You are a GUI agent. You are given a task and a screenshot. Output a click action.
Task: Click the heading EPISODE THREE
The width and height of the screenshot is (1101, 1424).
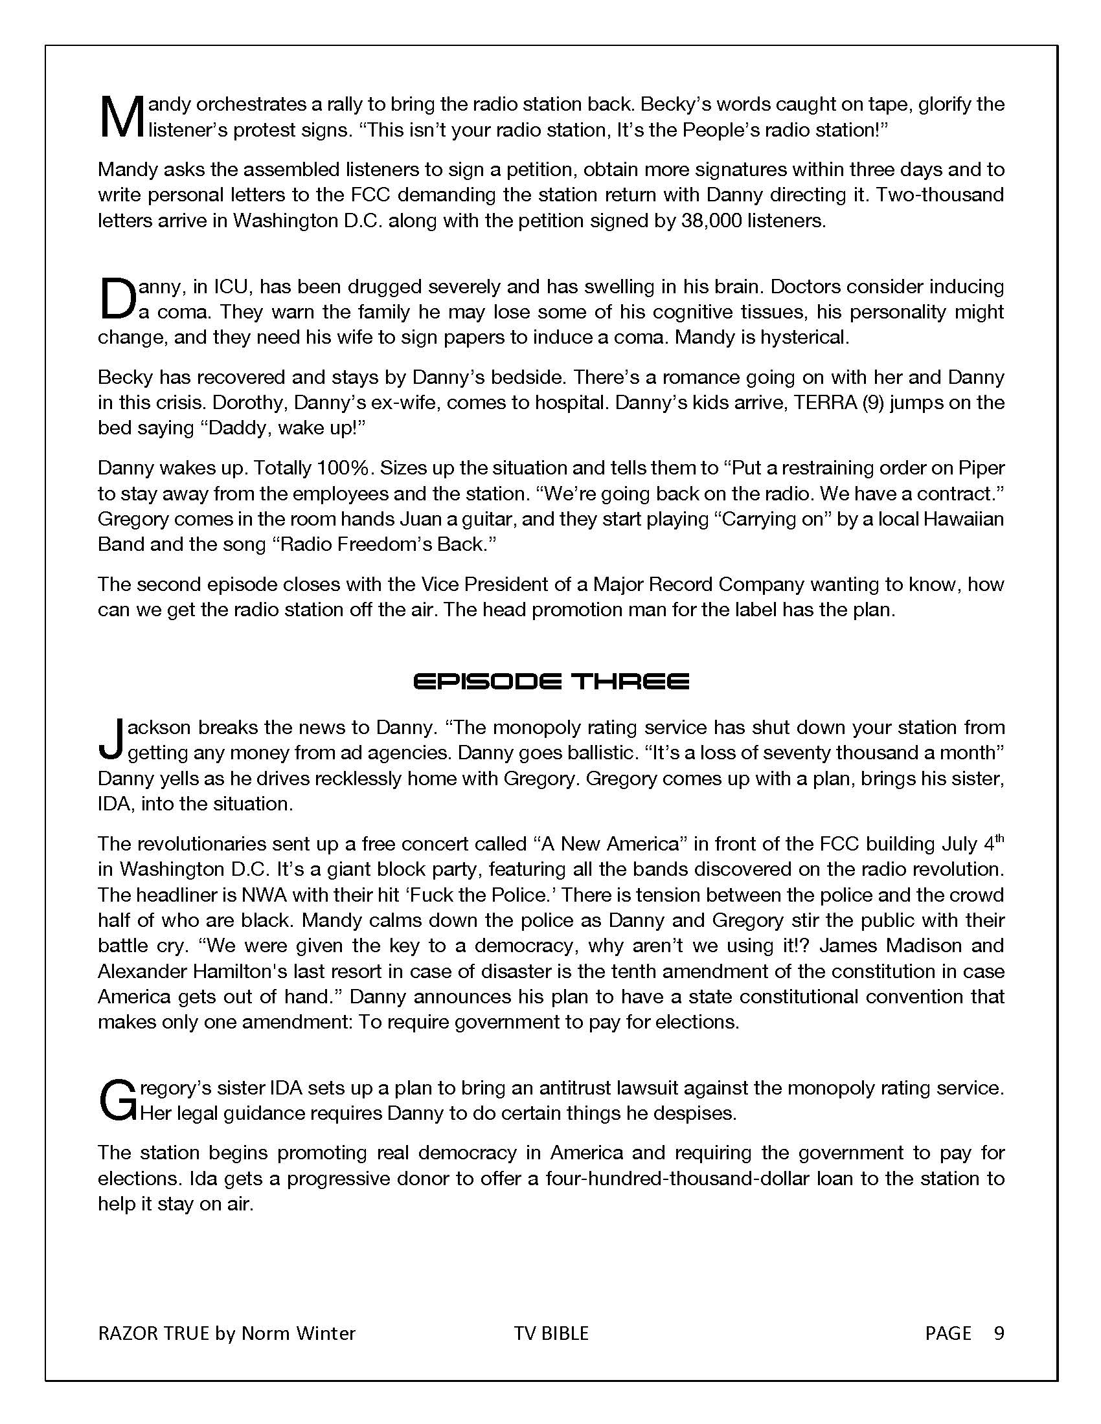click(x=551, y=683)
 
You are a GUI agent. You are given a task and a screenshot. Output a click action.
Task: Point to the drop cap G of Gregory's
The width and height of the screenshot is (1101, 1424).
click(x=117, y=1100)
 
